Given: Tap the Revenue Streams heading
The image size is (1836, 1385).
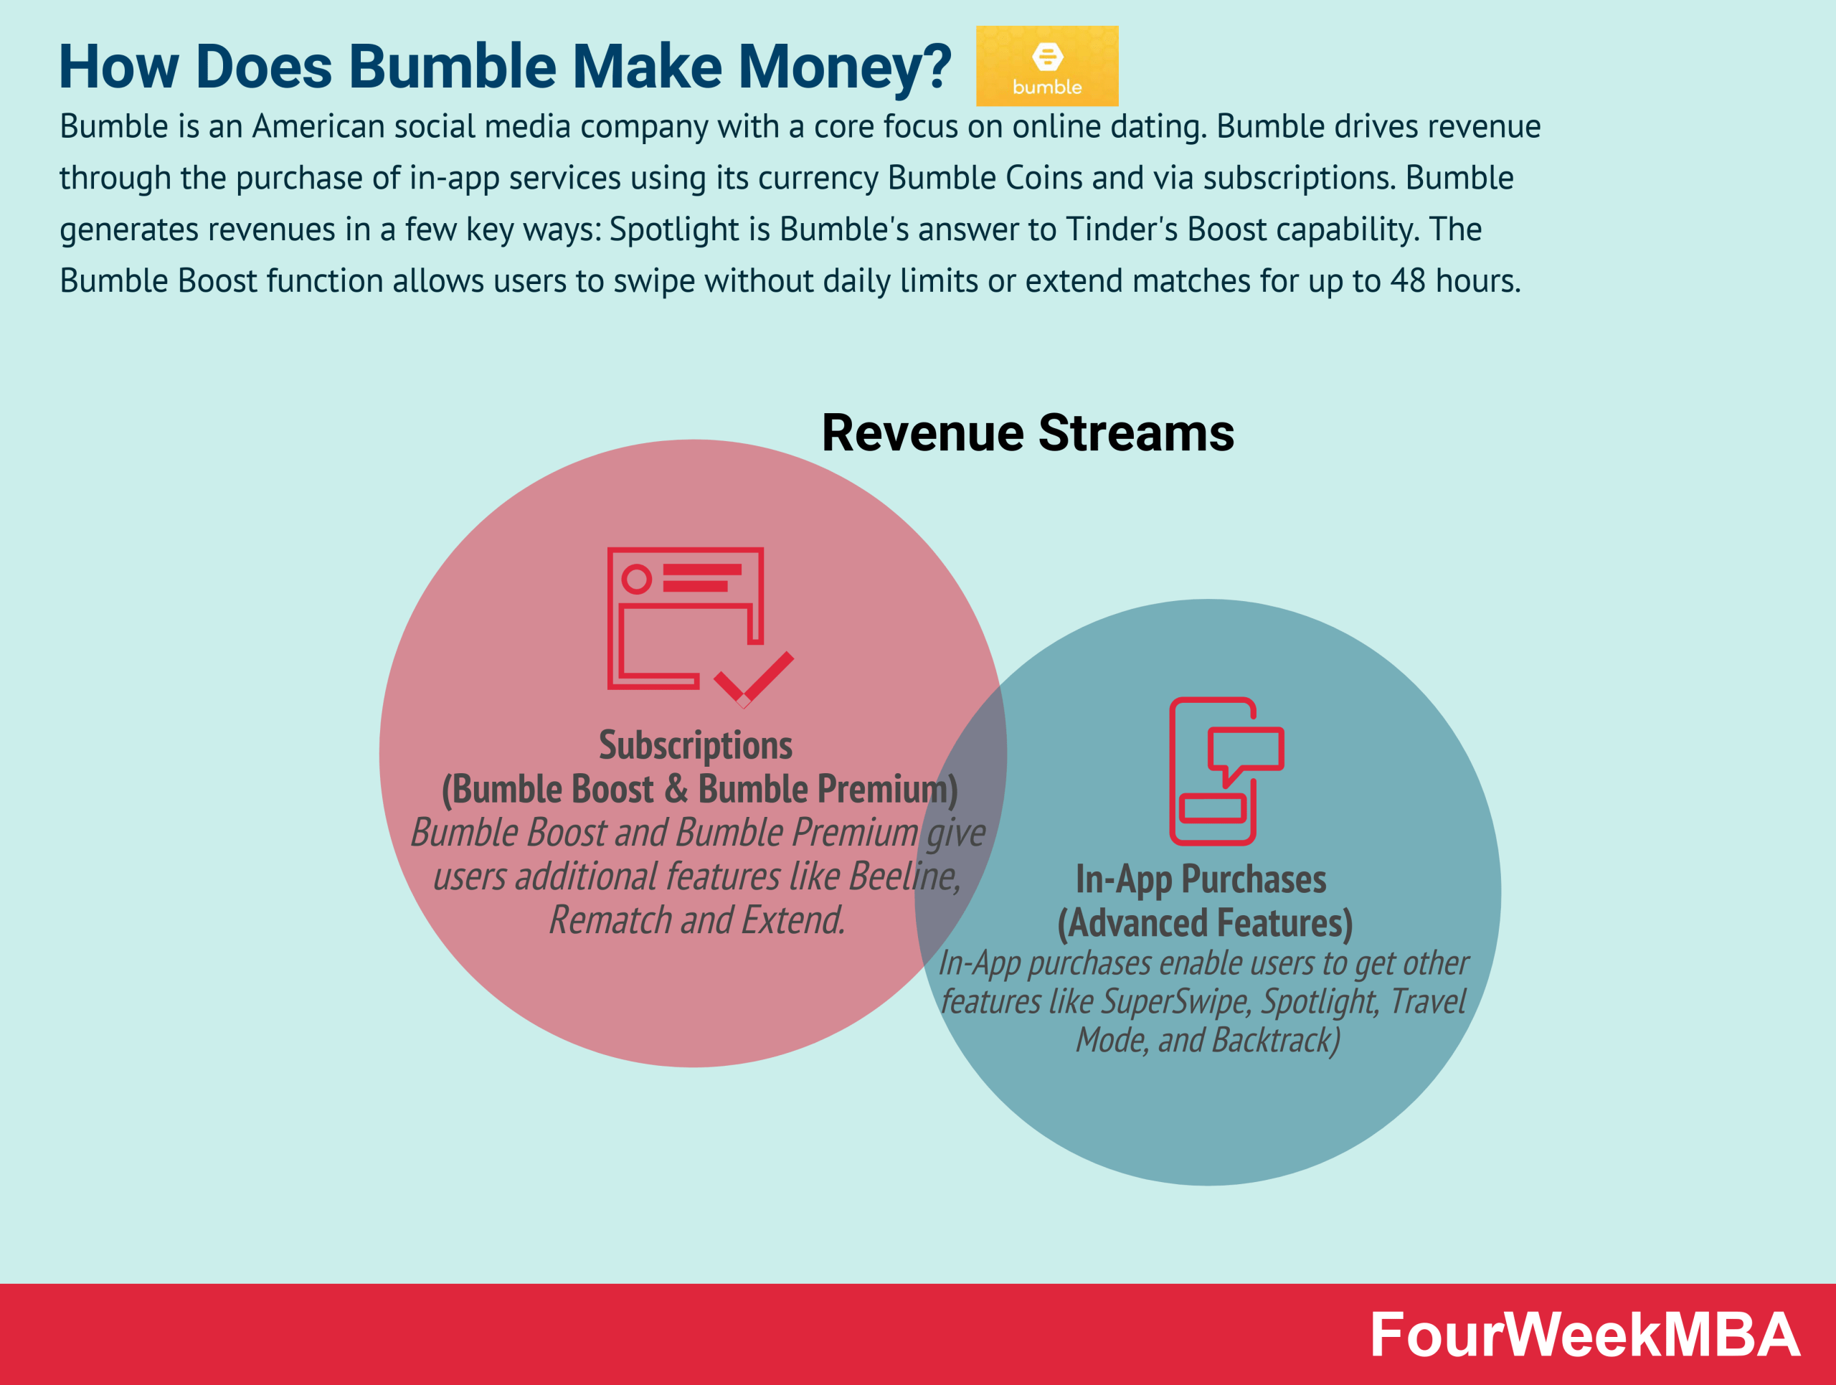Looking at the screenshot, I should [x=1028, y=433].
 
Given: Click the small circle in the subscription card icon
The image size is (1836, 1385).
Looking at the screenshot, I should [x=637, y=578].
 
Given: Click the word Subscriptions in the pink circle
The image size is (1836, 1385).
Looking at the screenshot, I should [x=696, y=745].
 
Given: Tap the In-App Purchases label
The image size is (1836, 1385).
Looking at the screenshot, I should [x=1200, y=879].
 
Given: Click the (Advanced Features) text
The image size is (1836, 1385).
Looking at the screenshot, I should [x=1204, y=923].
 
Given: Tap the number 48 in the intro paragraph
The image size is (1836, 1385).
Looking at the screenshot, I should [x=1408, y=280].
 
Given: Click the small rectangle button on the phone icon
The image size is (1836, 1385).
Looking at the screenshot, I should [x=1213, y=808].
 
